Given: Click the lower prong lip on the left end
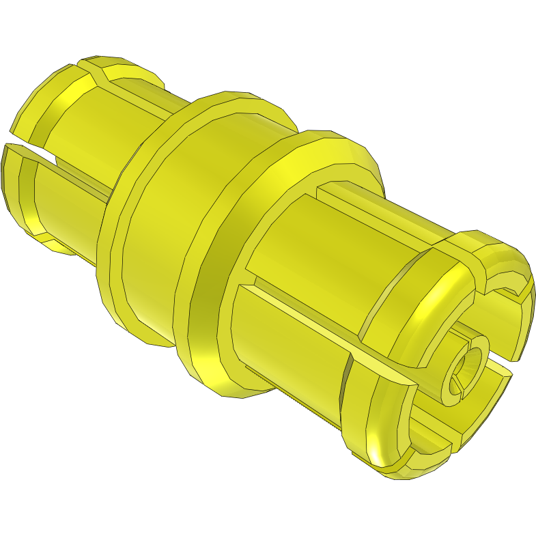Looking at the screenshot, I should click(x=18, y=184).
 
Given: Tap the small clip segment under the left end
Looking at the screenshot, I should click(x=55, y=242).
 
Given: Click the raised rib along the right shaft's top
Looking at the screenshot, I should click(x=382, y=205).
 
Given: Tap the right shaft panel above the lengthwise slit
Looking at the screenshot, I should click(x=321, y=253).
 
